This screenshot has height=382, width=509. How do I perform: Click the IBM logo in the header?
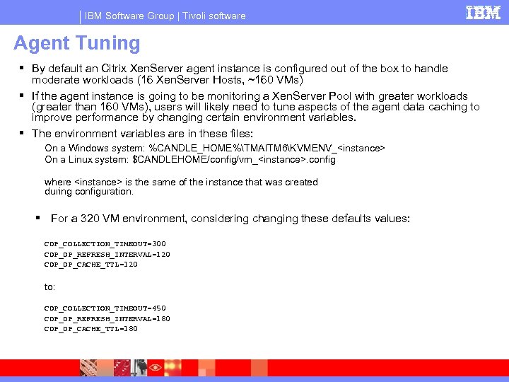point(484,13)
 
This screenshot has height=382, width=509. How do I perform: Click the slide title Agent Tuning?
point(77,43)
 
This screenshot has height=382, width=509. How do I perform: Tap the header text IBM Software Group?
point(125,16)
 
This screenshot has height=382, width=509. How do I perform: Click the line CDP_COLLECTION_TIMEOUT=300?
point(105,243)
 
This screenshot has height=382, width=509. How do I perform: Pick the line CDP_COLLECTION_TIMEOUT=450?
point(105,308)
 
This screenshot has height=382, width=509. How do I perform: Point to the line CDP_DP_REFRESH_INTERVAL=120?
point(107,254)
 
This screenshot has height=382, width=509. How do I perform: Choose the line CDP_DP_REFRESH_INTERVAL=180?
point(107,318)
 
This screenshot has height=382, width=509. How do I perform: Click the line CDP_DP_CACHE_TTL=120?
point(90,265)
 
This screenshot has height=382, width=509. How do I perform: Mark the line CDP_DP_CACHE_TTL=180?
point(90,329)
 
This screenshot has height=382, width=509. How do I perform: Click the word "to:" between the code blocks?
point(50,286)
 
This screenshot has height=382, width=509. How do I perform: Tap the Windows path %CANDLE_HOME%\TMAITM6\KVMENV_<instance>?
point(267,149)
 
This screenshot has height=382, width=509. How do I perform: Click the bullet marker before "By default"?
point(22,69)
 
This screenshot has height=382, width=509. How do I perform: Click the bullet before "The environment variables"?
point(22,133)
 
